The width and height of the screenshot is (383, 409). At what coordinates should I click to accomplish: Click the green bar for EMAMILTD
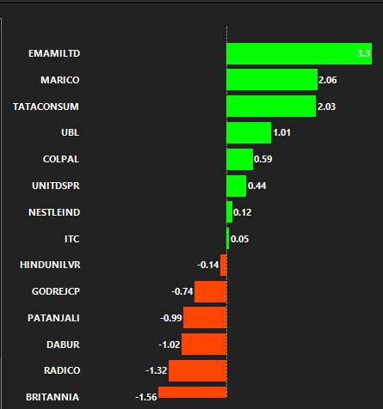300,53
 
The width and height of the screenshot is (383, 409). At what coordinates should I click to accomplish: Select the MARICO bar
272,80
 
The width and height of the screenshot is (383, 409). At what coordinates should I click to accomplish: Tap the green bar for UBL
249,132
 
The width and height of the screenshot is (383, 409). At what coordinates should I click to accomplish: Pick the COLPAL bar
240,159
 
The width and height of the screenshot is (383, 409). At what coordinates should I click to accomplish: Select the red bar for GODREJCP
211,291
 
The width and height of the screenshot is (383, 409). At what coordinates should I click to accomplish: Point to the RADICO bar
198,370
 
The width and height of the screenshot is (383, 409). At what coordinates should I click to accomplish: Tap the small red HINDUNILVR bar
224,266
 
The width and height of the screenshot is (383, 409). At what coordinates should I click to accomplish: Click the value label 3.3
363,53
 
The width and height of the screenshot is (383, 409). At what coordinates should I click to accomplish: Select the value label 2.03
326,107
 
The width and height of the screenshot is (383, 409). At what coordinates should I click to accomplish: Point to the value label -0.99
171,318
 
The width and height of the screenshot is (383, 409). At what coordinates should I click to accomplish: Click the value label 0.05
239,239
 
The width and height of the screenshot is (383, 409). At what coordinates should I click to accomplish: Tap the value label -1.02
170,345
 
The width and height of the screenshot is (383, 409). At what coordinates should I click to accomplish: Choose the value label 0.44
256,186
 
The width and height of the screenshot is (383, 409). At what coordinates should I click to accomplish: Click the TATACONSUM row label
46,107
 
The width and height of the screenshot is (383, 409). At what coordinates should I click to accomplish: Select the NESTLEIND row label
54,212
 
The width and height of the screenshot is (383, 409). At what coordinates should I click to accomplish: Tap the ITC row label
71,239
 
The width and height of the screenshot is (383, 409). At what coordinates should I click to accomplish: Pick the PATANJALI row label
53,318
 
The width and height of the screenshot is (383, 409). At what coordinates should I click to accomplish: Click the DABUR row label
63,345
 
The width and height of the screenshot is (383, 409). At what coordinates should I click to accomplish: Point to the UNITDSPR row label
56,186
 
